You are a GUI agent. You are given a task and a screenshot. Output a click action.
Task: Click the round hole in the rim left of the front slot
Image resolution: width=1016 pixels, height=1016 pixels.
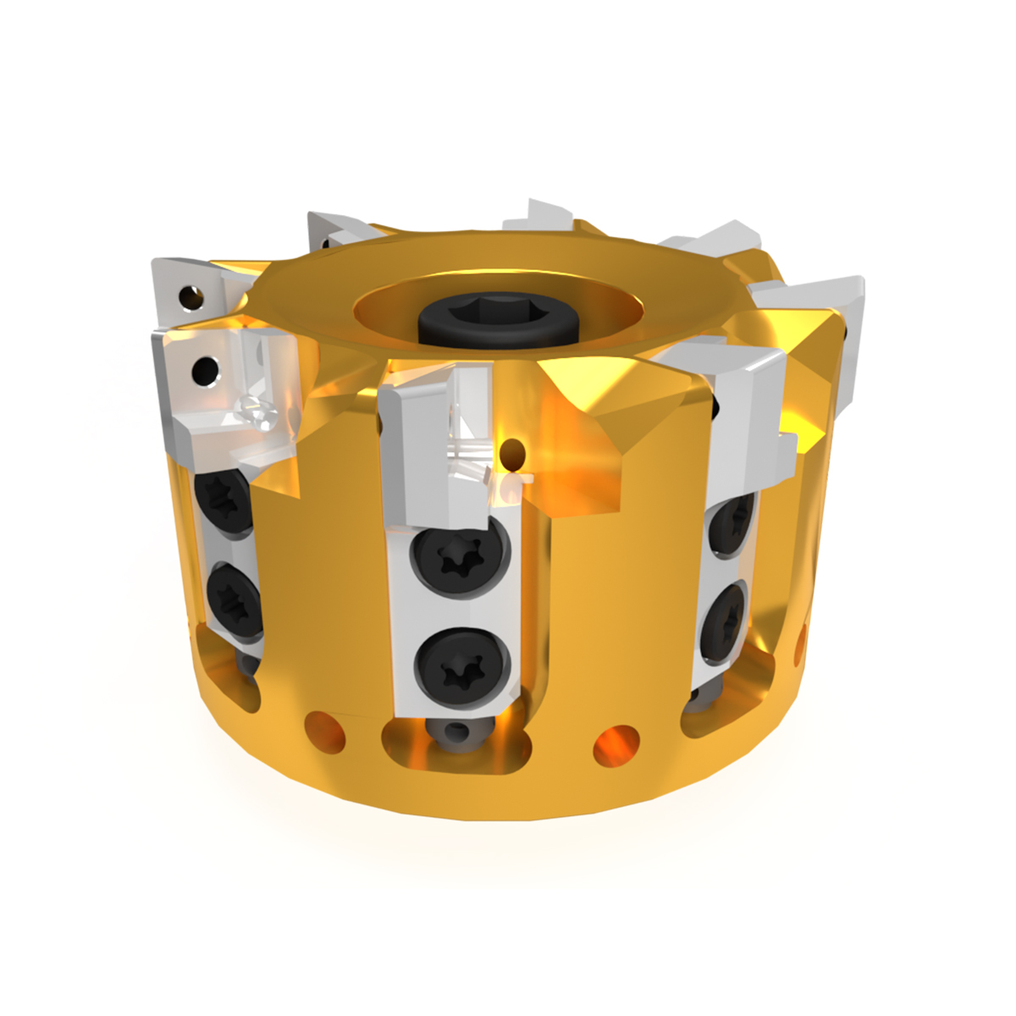click(x=325, y=729)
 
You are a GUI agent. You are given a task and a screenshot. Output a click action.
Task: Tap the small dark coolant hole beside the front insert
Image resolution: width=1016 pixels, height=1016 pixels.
click(x=512, y=453)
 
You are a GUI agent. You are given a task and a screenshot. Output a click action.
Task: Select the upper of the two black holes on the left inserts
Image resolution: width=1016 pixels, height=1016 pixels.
click(x=191, y=296)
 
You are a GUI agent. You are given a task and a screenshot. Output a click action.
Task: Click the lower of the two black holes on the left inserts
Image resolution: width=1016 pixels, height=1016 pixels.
click(x=204, y=369)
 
